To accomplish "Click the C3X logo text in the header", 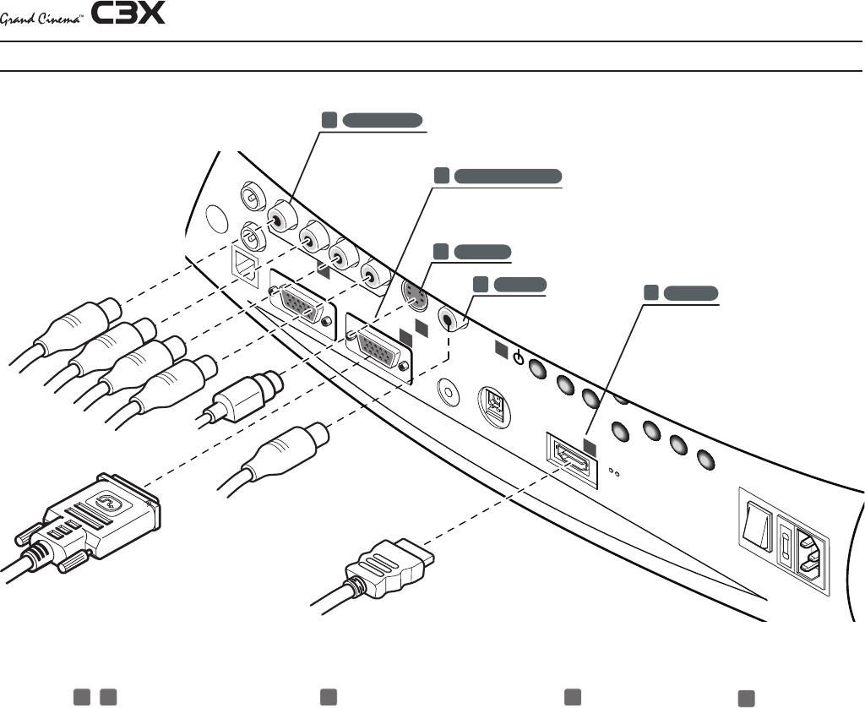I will tap(129, 14).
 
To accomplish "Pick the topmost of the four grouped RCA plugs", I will tap(80, 326).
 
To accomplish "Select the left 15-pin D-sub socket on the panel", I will tap(298, 302).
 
